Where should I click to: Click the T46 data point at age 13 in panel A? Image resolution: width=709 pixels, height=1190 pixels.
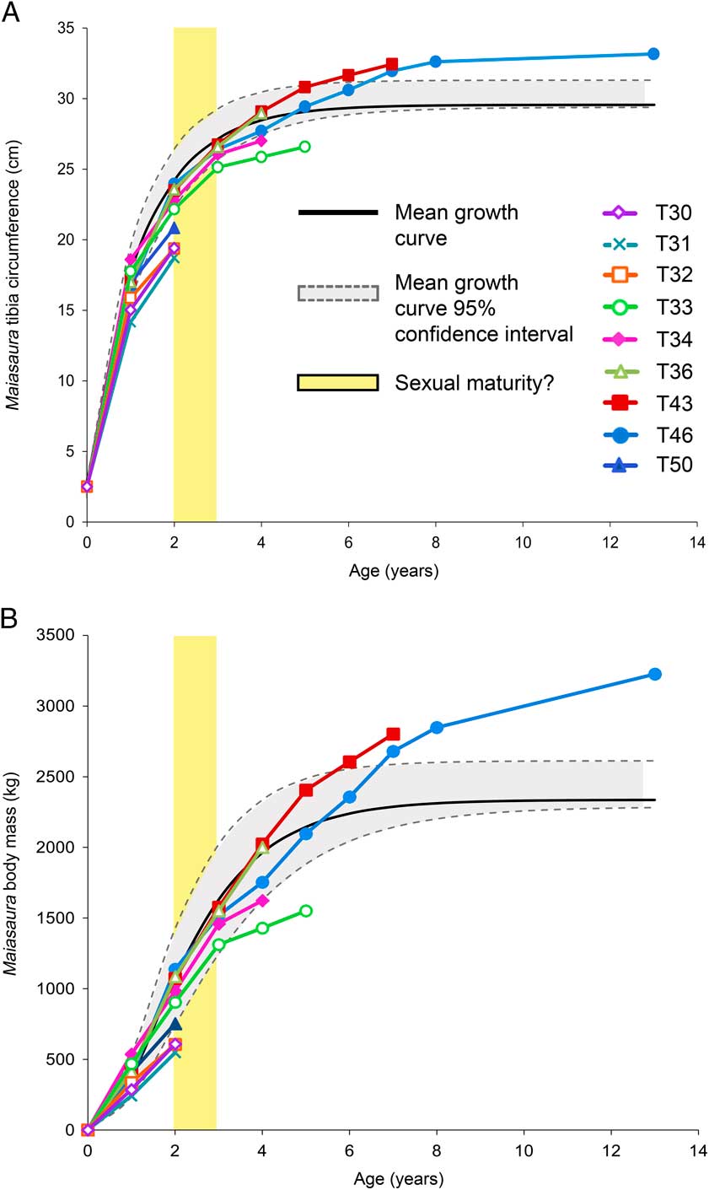coord(653,54)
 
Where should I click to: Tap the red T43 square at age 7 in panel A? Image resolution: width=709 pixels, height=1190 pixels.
coord(392,64)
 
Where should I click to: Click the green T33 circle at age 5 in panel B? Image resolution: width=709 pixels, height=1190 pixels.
coord(305,911)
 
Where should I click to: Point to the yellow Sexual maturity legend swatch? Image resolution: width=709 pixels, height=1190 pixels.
coord(337,382)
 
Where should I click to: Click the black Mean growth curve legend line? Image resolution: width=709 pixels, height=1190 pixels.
coord(337,213)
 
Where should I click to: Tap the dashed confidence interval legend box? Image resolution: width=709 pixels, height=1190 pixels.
coord(337,293)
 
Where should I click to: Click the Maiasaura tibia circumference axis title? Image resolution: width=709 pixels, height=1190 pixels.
coord(14,274)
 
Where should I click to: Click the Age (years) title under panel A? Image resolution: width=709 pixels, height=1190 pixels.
coord(393,571)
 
